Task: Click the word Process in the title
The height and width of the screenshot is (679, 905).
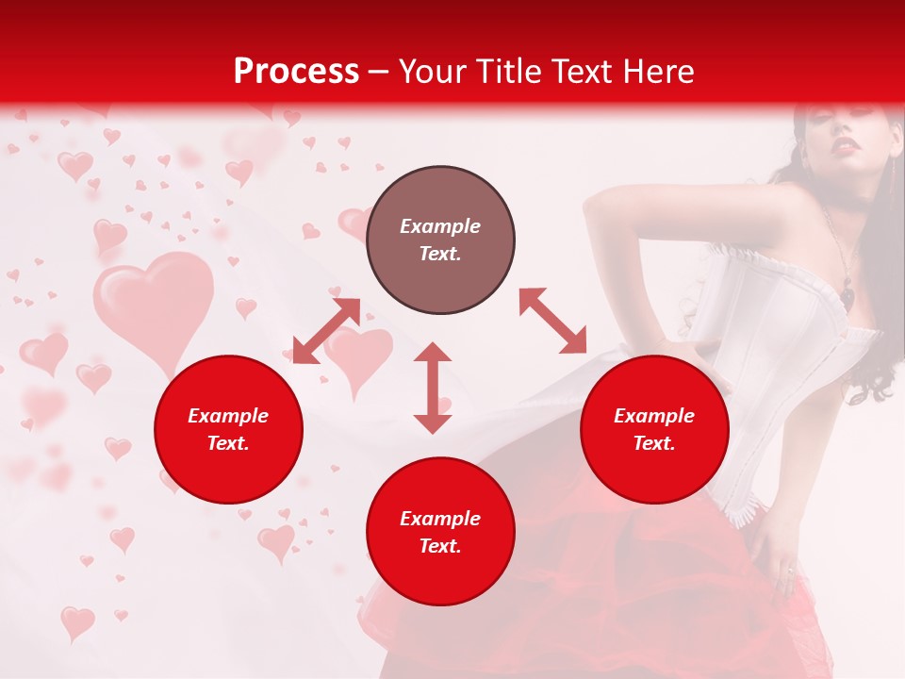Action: point(296,72)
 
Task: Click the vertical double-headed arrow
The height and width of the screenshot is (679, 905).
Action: point(433,388)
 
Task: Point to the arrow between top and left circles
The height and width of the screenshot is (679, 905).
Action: point(326,330)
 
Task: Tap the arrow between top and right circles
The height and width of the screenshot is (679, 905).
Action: point(552,321)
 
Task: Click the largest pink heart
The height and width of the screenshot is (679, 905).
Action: point(154,306)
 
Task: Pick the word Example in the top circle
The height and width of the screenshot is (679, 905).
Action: point(440,226)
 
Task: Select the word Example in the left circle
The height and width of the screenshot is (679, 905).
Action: point(228,416)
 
